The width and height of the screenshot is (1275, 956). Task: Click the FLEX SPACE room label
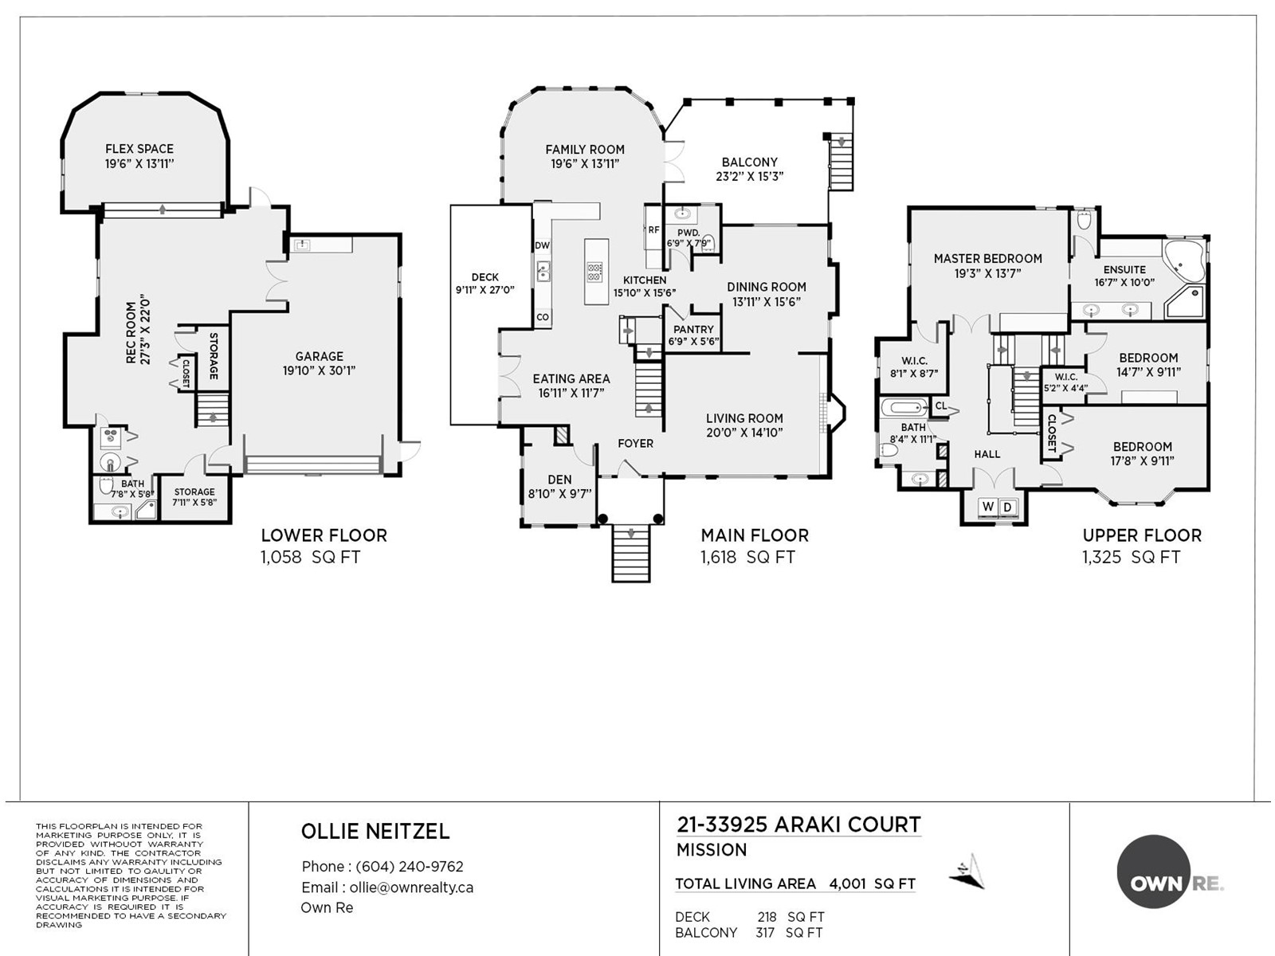tap(139, 149)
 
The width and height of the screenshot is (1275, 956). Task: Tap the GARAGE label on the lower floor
tap(319, 356)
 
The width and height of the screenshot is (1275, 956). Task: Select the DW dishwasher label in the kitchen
tap(542, 245)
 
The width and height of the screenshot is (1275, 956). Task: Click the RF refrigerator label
tap(653, 230)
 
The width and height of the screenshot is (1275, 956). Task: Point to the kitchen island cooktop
tap(594, 272)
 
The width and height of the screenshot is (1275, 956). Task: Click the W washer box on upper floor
tap(987, 507)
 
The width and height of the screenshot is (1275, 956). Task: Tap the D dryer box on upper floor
tap(1007, 507)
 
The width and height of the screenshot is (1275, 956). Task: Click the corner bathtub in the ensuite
tap(1184, 261)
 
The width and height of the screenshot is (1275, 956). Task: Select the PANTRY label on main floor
tap(693, 329)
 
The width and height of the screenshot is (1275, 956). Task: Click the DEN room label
tap(559, 480)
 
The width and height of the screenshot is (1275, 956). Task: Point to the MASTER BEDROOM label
tap(987, 259)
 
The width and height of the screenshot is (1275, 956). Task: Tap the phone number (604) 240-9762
tap(410, 867)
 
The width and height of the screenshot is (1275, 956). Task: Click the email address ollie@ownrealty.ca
tap(411, 887)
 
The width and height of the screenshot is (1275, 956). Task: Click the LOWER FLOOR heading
tap(324, 535)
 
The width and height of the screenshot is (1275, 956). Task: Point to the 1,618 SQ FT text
tap(747, 557)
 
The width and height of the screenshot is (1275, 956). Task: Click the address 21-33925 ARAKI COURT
tap(798, 825)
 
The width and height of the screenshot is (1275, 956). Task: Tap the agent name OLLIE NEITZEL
tap(375, 831)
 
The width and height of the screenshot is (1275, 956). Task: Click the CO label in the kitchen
tap(543, 317)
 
